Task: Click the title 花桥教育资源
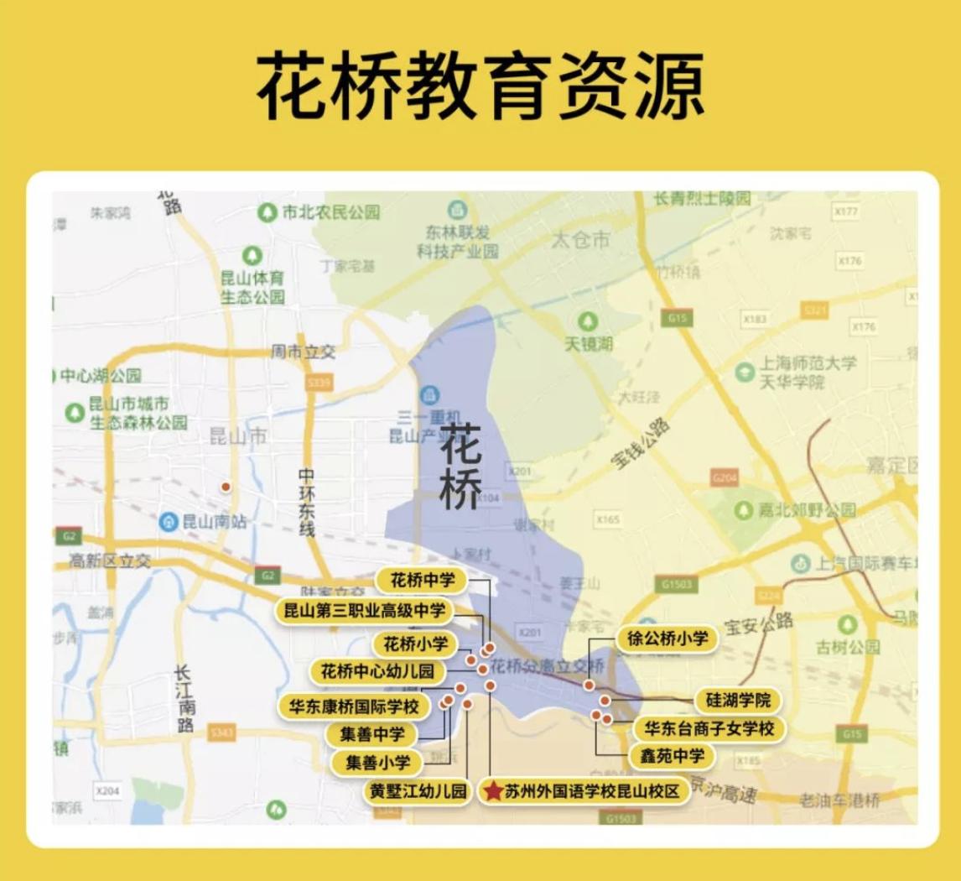point(480,87)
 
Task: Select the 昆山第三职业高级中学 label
point(365,610)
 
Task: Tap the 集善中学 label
point(372,733)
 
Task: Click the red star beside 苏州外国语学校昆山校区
point(493,791)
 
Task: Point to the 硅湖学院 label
point(738,700)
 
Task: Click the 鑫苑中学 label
point(672,756)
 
